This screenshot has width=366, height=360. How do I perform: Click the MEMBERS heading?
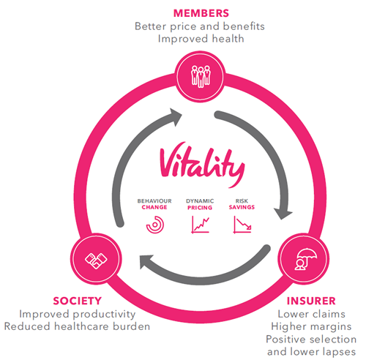201,13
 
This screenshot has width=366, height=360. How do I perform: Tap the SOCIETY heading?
78,301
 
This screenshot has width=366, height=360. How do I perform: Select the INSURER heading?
311,301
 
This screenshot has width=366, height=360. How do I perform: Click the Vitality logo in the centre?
202,165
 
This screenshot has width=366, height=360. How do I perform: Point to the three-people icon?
201,76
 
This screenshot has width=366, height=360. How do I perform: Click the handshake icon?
96,260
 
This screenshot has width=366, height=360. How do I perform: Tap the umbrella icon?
306,259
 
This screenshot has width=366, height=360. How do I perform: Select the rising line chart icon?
200,225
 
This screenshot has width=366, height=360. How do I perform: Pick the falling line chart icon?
242,225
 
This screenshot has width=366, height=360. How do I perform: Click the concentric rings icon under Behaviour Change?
155,225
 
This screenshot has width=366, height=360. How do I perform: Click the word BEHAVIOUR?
154,201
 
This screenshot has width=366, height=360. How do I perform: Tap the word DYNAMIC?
200,201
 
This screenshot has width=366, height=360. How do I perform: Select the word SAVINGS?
242,207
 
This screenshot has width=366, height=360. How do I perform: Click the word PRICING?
200,208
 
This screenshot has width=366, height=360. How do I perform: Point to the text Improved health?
201,39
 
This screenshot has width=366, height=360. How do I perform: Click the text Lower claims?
312,314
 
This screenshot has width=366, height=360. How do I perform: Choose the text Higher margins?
311,326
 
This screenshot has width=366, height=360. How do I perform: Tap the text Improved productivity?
78,314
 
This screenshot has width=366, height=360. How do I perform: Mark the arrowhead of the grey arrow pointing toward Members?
176,117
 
